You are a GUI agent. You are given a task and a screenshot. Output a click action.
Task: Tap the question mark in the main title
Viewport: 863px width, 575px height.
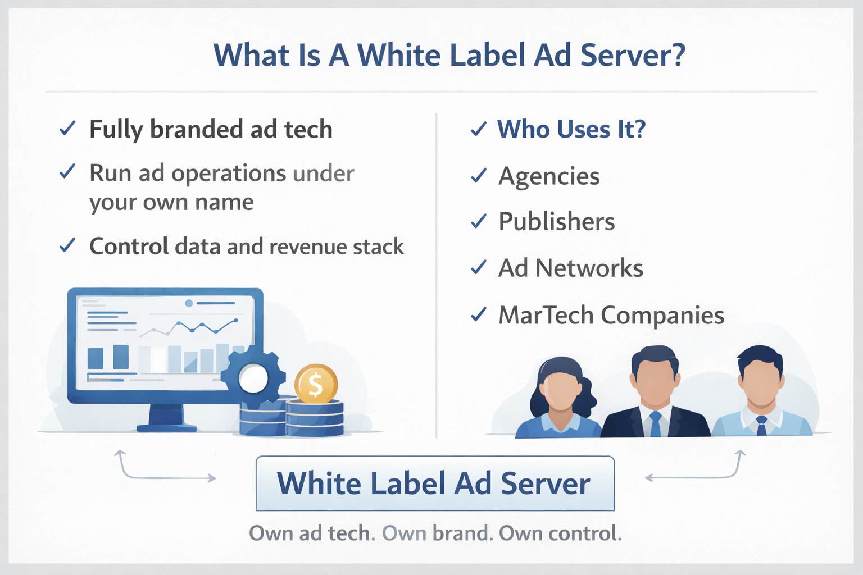676,55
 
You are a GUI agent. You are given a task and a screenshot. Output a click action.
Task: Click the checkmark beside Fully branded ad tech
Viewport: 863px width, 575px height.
67,128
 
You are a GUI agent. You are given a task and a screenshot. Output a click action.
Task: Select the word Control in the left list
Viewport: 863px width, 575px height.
129,246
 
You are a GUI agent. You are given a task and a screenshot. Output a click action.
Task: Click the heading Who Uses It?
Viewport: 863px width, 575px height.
571,129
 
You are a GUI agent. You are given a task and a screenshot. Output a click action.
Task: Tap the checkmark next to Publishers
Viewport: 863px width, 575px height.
479,221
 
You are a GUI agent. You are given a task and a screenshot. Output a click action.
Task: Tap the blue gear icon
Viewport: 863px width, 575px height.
253,378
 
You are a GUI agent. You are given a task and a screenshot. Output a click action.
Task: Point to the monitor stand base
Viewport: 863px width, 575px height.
166,428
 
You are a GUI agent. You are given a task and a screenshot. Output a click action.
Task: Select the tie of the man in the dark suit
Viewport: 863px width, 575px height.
655,423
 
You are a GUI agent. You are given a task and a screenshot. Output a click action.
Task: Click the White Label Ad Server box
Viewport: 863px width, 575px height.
435,483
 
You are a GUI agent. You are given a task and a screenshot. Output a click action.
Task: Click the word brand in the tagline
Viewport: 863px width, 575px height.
463,533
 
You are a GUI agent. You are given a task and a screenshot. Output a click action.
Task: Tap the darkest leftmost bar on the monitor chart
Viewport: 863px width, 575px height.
95,359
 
